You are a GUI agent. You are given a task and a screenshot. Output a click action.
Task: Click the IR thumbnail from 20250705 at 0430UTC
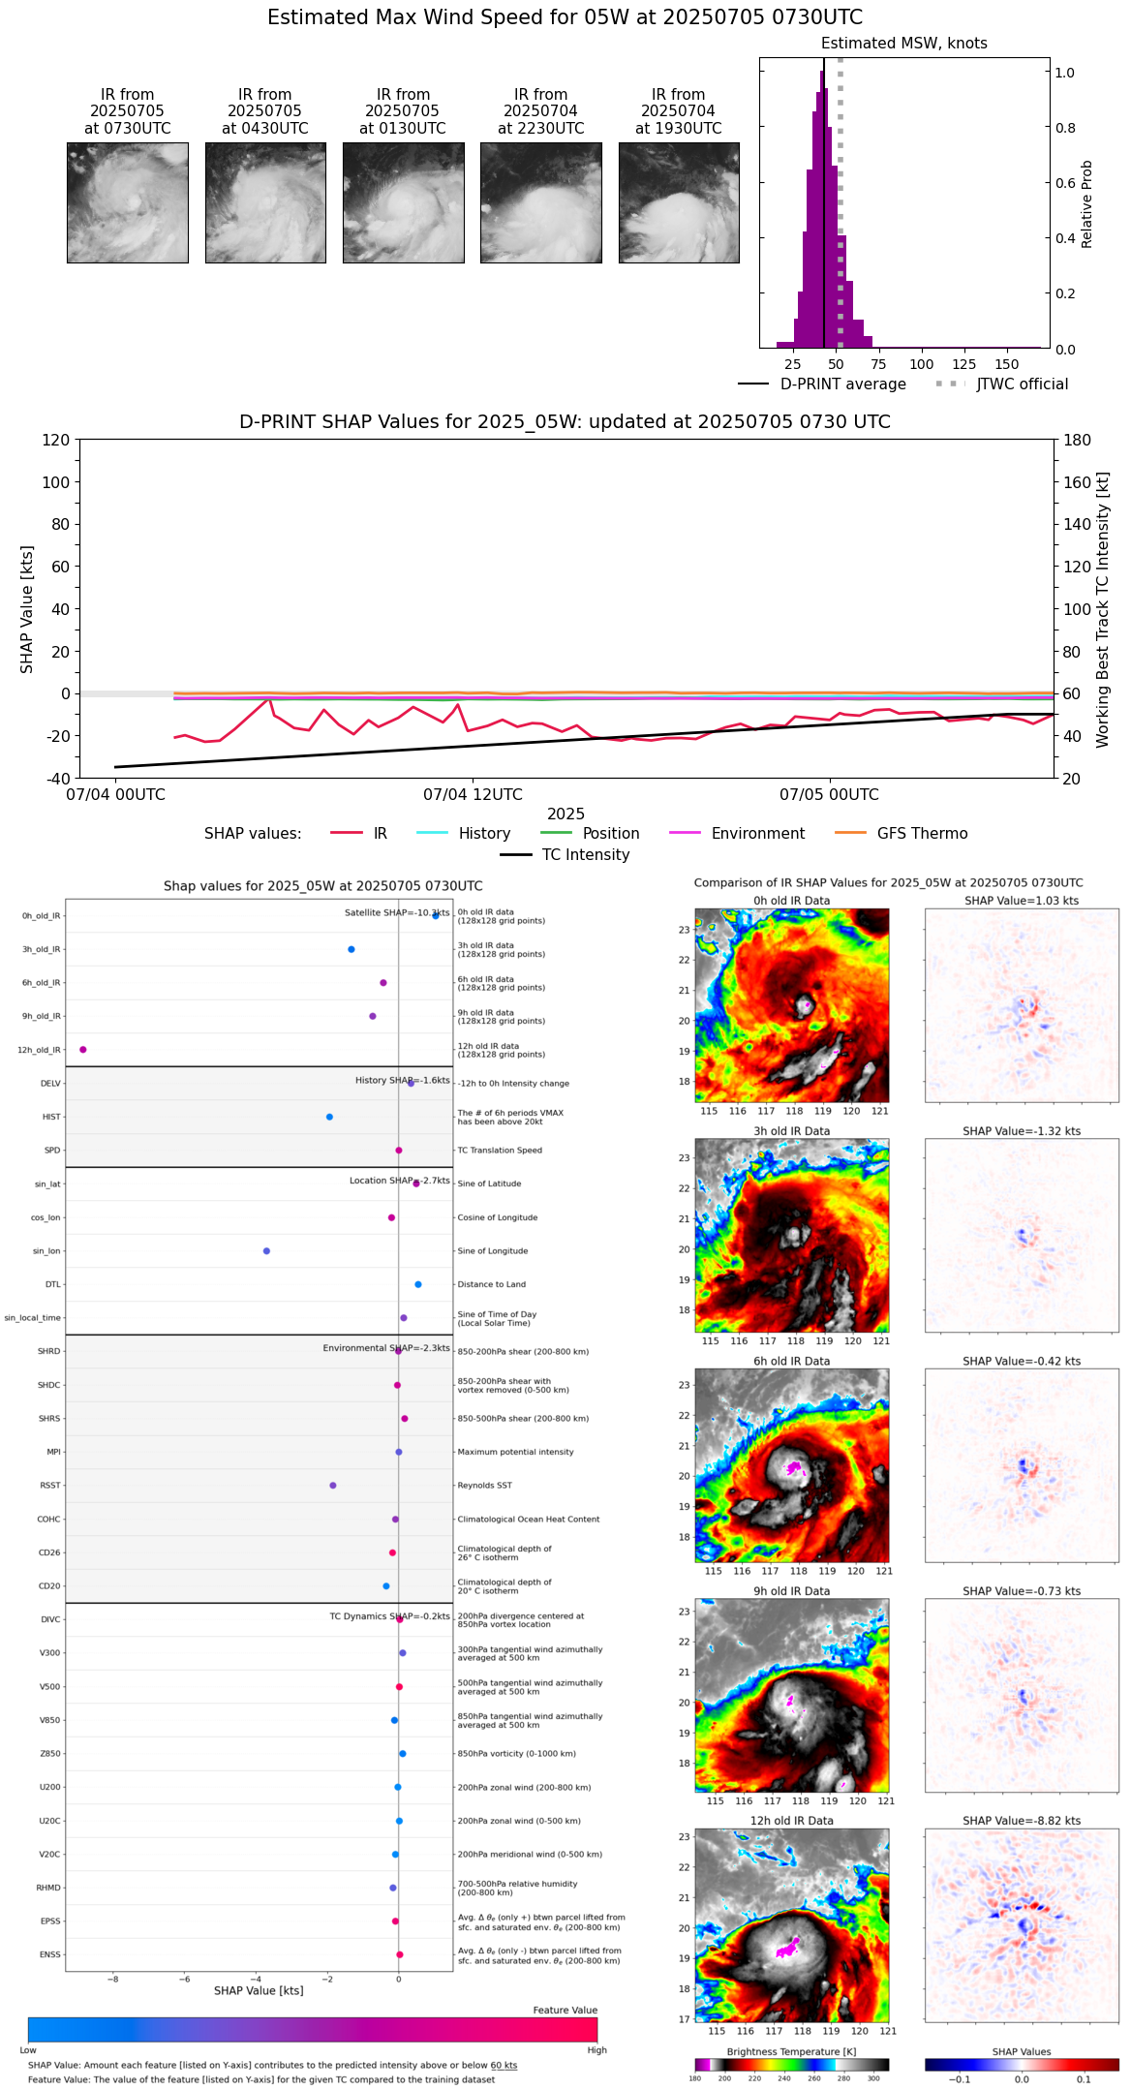click(265, 202)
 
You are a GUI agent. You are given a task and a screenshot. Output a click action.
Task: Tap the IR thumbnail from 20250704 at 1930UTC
click(679, 202)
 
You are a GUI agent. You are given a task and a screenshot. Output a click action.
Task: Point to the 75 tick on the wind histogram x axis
click(878, 364)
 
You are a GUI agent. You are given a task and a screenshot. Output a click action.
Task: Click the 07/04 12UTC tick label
click(473, 795)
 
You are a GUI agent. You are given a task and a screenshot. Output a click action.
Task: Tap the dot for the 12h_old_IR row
click(83, 1050)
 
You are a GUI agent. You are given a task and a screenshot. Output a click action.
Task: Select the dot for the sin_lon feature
click(266, 1251)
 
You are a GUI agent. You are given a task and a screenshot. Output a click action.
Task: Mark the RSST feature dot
click(333, 1486)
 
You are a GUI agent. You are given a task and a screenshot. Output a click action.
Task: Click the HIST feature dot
click(329, 1117)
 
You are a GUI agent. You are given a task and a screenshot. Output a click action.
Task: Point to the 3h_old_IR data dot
click(351, 949)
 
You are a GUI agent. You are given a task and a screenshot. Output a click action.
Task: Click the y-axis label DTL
click(52, 1285)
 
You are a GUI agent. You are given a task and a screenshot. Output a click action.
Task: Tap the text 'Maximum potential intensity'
click(515, 1453)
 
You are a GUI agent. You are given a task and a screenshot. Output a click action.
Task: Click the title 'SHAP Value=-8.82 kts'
click(1022, 1821)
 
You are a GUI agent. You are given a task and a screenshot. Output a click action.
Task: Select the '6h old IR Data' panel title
click(791, 1361)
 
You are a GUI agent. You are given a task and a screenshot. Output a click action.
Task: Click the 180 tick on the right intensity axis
click(1078, 441)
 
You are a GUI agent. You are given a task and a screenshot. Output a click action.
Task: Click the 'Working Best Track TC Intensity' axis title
click(1103, 610)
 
